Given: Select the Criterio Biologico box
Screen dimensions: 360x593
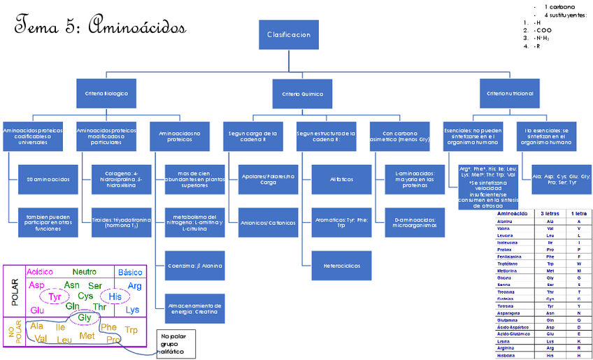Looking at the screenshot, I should [x=106, y=93].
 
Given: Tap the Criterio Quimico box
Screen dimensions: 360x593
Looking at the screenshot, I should [x=303, y=93].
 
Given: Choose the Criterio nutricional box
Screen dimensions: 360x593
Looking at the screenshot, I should [x=510, y=93].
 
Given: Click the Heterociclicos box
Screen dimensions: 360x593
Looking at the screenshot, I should [x=331, y=266].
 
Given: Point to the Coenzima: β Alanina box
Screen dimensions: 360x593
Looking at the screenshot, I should [x=194, y=266].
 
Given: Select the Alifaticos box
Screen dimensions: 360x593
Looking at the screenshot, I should [x=331, y=179].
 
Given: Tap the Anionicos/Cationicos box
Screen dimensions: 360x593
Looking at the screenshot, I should [x=267, y=222].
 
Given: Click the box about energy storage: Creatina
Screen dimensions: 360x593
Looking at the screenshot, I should [x=194, y=308].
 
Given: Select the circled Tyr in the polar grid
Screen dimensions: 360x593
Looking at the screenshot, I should [x=55, y=296].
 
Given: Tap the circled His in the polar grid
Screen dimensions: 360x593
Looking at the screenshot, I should [x=115, y=296].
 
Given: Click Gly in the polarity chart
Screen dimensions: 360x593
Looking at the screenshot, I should [x=85, y=317].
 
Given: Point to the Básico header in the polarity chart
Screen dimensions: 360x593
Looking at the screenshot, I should [x=130, y=272].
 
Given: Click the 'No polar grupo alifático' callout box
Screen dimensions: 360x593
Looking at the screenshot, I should [x=175, y=343].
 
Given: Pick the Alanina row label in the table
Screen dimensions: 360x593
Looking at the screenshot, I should [x=504, y=221].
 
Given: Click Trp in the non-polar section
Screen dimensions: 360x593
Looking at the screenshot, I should [x=131, y=329].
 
